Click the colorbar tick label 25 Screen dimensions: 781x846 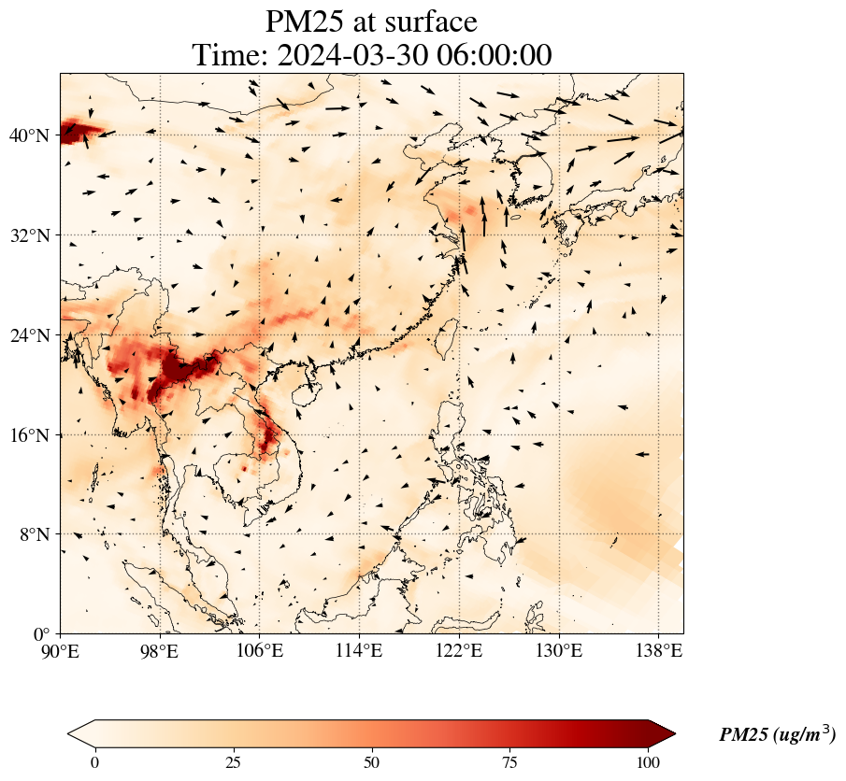pyautogui.click(x=233, y=761)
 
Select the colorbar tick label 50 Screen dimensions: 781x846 pyautogui.click(x=372, y=761)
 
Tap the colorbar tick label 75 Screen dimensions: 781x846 pyautogui.click(x=510, y=761)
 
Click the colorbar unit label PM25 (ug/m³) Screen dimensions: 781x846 pyautogui.click(x=777, y=735)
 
